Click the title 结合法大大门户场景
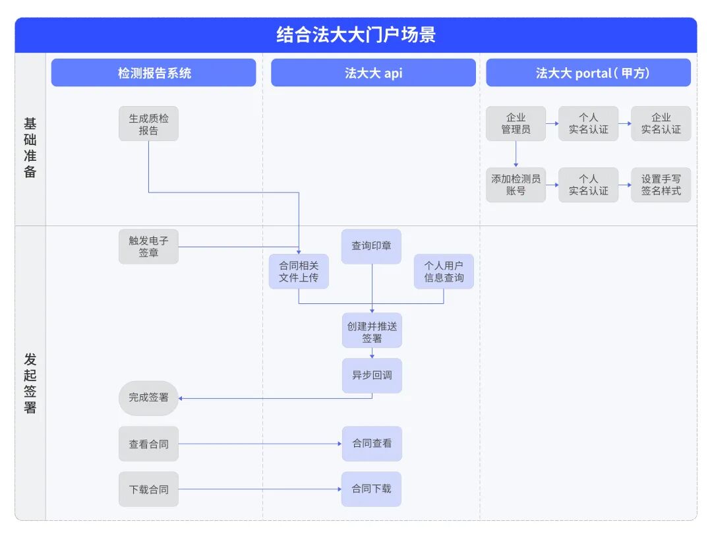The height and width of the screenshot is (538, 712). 355,34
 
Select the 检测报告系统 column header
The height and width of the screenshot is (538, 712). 154,73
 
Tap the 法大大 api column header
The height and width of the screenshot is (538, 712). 373,73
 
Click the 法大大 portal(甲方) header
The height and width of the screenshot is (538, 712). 588,73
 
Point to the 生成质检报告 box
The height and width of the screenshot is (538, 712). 148,124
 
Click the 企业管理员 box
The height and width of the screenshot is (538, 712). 516,124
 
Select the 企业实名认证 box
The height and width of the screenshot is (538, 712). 661,124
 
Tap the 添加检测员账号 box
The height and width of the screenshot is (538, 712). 516,185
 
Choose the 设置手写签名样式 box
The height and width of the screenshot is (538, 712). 661,185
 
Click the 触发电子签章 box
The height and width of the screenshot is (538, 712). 148,247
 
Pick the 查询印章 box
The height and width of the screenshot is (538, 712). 371,246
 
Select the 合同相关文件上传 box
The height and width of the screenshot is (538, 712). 299,271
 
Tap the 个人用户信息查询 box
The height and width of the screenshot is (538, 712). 444,271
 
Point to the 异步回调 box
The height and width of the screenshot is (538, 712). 372,375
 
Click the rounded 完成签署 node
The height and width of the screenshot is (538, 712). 148,398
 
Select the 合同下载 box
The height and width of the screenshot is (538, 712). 371,489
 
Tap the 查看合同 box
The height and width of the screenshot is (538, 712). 148,444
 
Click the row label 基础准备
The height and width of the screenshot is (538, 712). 30,148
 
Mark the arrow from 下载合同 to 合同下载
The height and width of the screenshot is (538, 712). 260,489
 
